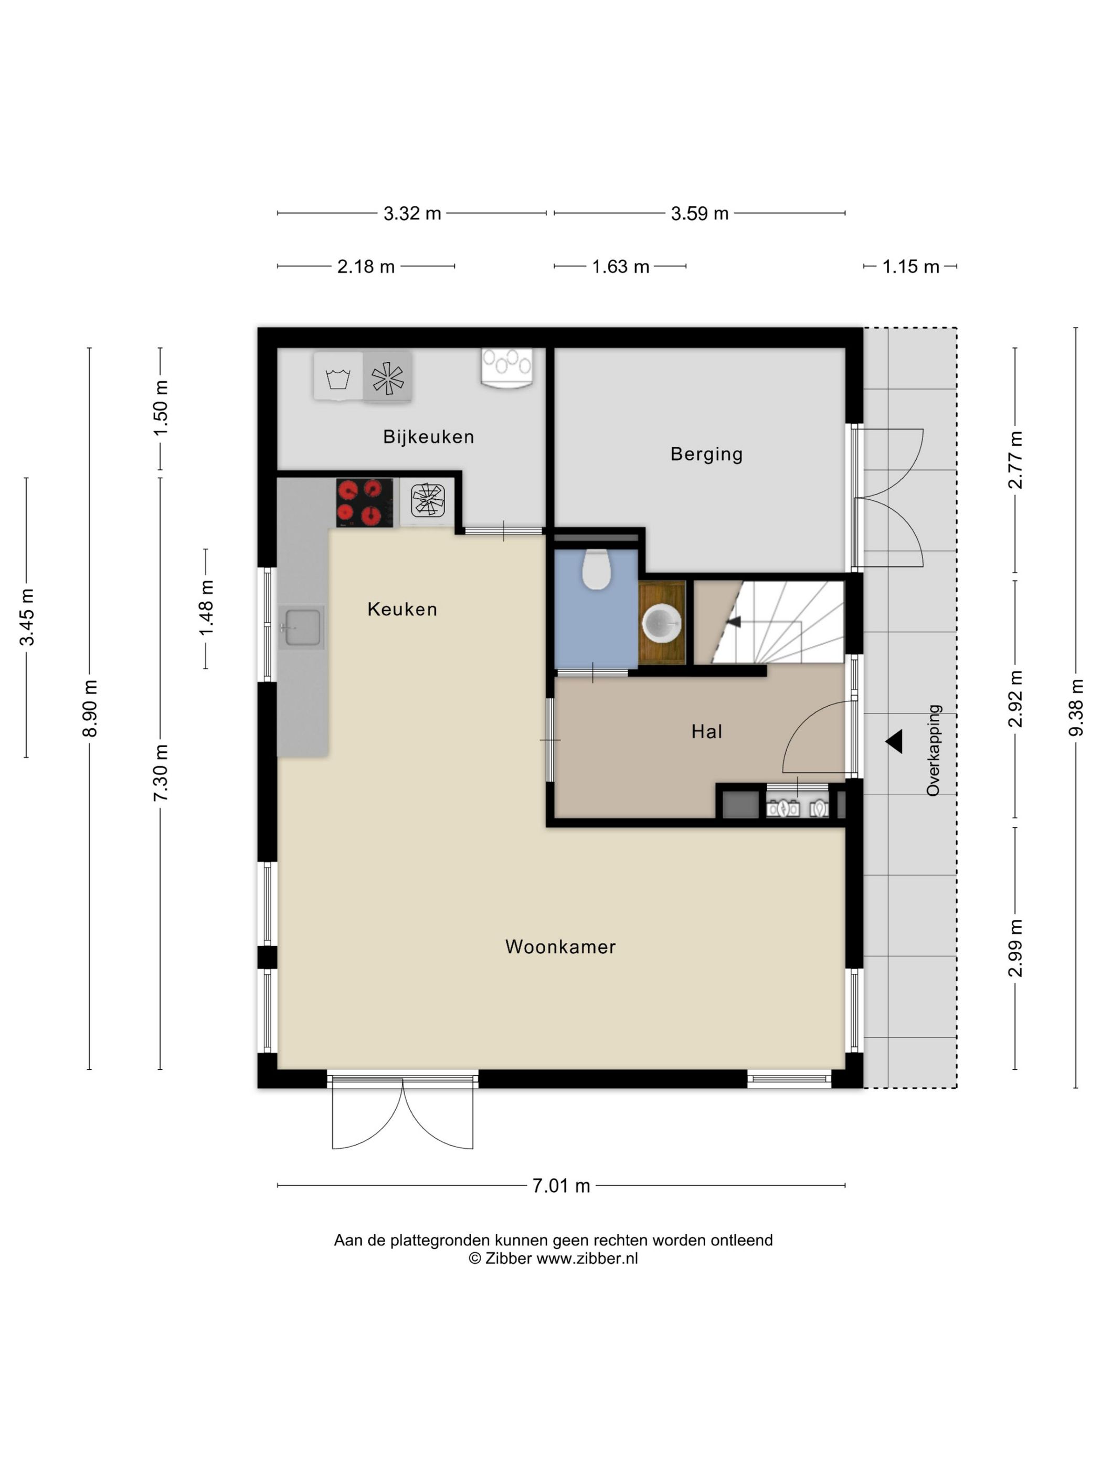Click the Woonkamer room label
560,947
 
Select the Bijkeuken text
428,437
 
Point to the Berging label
706,454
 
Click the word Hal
706,732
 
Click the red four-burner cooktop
365,503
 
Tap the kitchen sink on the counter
302,627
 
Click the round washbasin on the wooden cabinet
662,623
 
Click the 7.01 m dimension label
560,1185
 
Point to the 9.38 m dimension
1075,707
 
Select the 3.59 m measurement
699,213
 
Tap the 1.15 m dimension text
910,267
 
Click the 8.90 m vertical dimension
90,708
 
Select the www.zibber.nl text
587,1258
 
